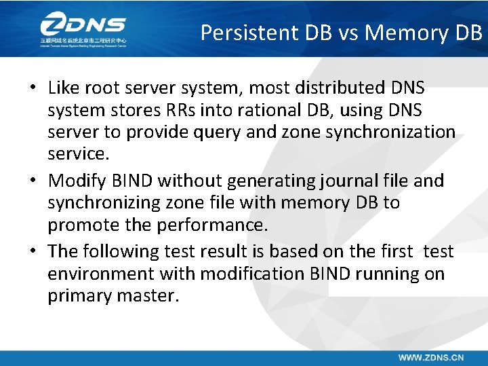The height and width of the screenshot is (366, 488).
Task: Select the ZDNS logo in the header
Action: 83,29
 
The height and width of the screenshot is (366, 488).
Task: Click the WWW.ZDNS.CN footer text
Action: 430,356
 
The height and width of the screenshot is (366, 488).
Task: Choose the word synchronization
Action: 390,132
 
